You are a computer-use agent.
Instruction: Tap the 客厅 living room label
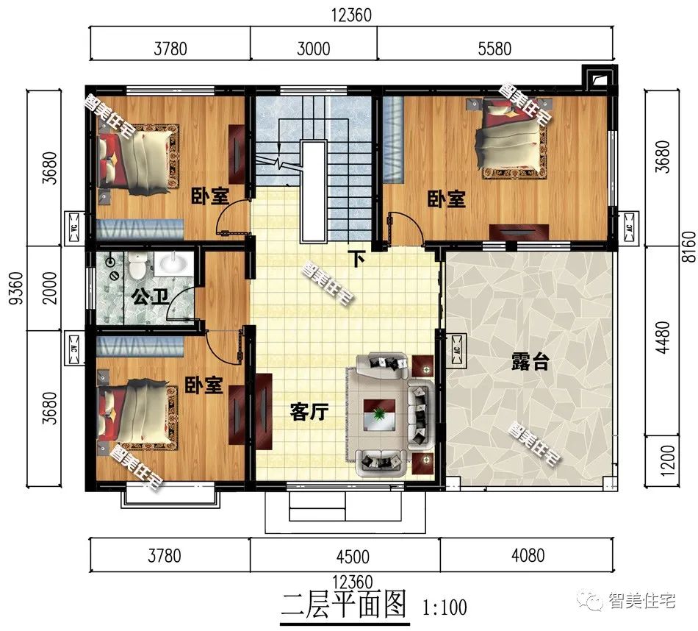pyautogui.click(x=309, y=413)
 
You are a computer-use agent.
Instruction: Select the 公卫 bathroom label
pyautogui.click(x=149, y=298)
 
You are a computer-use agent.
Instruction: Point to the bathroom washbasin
pyautogui.click(x=174, y=263)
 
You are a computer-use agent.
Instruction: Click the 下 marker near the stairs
pyautogui.click(x=357, y=259)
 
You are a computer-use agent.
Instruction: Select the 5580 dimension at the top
pyautogui.click(x=494, y=49)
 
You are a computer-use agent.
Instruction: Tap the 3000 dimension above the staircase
pyautogui.click(x=313, y=49)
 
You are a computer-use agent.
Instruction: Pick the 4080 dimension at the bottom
pyautogui.click(x=527, y=555)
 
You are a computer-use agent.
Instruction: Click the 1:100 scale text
pyautogui.click(x=445, y=607)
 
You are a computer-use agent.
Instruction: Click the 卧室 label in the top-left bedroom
pyautogui.click(x=209, y=196)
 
